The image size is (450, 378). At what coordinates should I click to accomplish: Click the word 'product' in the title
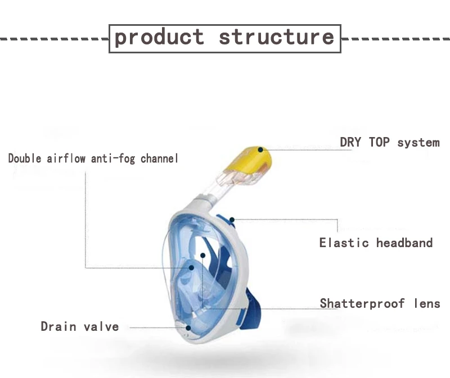pos(159,37)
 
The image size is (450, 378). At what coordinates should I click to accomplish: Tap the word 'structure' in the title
pos(276,37)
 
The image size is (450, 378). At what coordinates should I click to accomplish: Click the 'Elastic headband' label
pos(376,243)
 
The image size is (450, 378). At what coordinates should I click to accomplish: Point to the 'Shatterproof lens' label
pos(380,304)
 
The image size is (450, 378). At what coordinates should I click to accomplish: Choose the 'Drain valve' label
pos(79,326)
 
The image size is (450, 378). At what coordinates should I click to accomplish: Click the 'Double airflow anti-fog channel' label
pos(93,158)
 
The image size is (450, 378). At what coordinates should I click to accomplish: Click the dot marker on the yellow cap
pos(260,149)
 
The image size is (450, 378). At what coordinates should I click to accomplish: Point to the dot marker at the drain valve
pos(188,327)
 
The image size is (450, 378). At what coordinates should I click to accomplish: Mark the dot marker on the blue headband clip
pos(231,218)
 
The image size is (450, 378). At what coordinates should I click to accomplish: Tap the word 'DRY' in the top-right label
pos(352,142)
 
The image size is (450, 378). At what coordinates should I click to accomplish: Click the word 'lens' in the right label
pos(426,304)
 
